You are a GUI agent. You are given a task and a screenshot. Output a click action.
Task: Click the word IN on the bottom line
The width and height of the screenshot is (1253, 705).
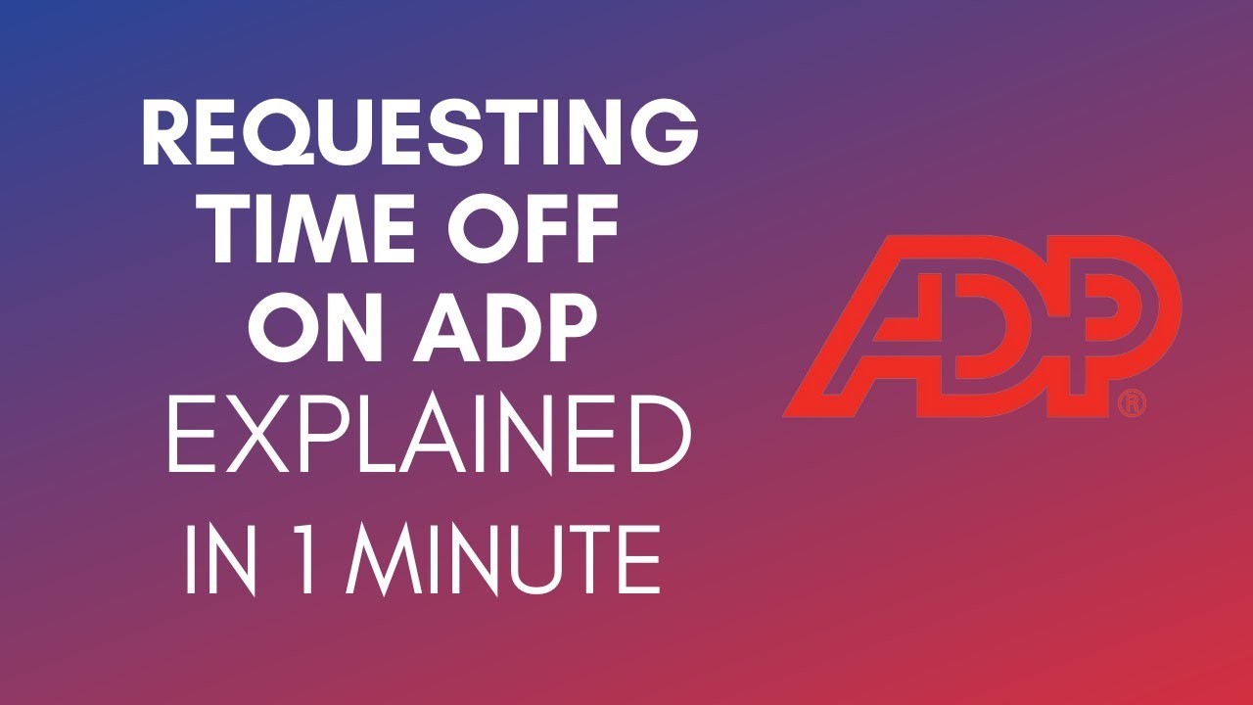point(217,560)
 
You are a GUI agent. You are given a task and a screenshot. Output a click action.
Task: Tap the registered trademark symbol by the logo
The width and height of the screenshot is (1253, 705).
point(1132,401)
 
